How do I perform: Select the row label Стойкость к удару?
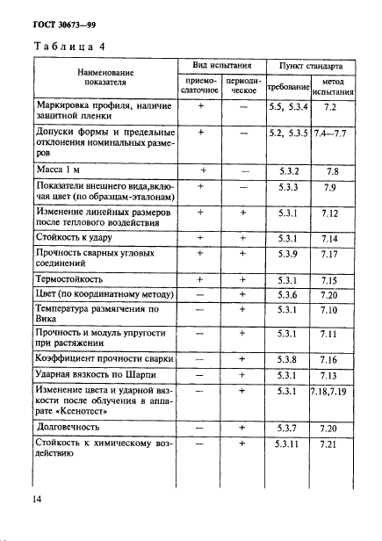pyautogui.click(x=82, y=236)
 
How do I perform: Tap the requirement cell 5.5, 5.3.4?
pyautogui.click(x=288, y=105)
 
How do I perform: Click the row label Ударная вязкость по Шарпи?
pyautogui.click(x=99, y=374)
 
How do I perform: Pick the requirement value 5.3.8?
pyautogui.click(x=288, y=359)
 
